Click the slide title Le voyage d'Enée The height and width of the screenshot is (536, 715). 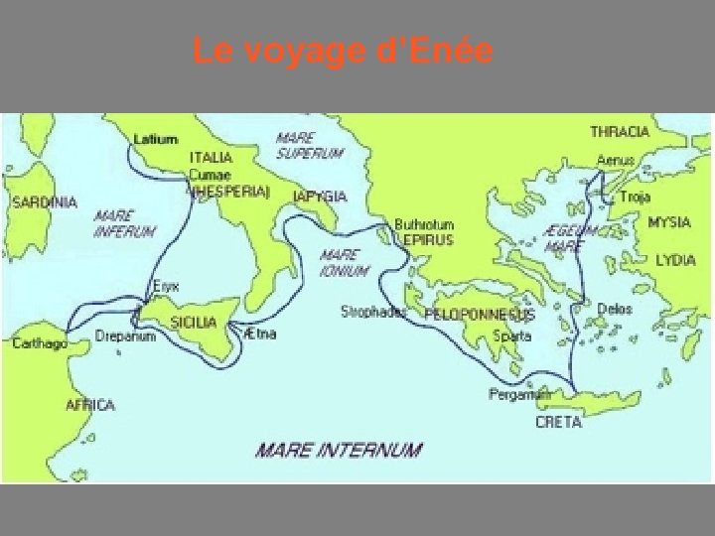(x=343, y=51)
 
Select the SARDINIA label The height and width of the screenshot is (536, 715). (x=44, y=201)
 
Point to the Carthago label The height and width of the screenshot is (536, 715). (x=41, y=343)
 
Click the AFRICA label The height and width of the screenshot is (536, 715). (x=90, y=405)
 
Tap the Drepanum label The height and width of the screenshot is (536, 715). (x=126, y=336)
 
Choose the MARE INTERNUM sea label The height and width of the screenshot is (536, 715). (x=338, y=450)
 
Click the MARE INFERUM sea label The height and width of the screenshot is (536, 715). (x=124, y=223)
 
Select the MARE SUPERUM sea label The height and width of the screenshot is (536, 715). (x=309, y=146)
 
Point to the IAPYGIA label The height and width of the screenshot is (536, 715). (x=321, y=197)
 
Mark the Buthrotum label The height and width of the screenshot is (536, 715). (x=424, y=224)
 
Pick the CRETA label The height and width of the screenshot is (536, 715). (x=557, y=422)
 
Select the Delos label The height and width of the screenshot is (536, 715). (x=615, y=310)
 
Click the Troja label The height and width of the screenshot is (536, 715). (x=635, y=198)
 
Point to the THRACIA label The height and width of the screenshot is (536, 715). (x=620, y=132)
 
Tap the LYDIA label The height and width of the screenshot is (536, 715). (x=675, y=260)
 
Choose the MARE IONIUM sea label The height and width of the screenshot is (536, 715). (x=344, y=263)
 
